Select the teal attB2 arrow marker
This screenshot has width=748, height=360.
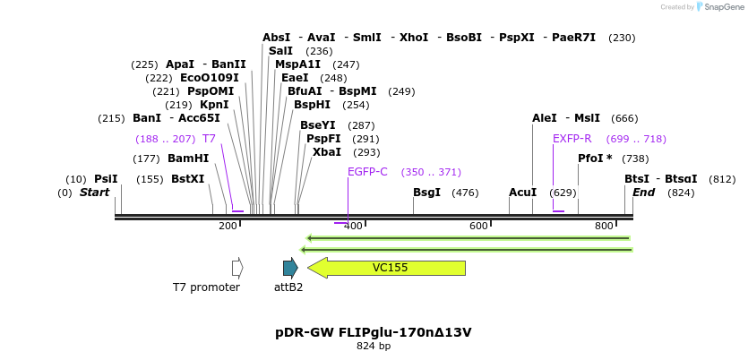point(289,268)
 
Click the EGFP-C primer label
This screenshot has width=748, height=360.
point(367,172)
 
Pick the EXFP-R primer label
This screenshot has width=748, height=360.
point(572,139)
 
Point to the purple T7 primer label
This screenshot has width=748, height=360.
point(209,139)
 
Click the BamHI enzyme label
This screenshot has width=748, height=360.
point(188,159)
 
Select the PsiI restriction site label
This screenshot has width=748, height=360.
point(106,179)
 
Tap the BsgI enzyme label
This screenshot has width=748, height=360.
point(426,193)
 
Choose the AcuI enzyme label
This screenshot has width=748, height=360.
point(522,193)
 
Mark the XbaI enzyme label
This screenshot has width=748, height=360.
point(326,152)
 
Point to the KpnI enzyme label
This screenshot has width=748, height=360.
point(214,105)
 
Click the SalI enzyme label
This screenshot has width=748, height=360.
point(280,51)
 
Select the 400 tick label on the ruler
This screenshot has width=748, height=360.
point(353,226)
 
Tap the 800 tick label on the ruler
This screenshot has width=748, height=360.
point(604,226)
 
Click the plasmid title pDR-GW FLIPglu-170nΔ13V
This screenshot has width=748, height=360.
point(374,332)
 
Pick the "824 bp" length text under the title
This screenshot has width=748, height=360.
point(374,346)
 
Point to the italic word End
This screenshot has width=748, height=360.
point(644,193)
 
